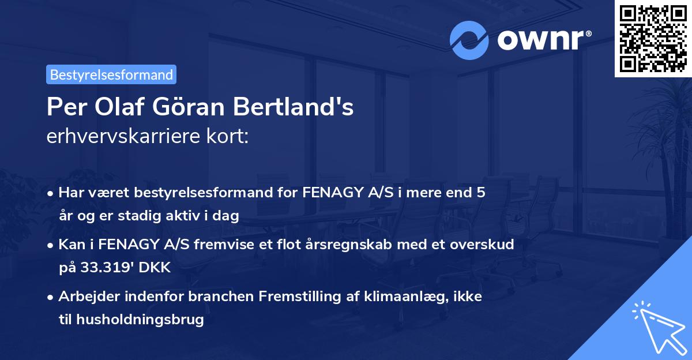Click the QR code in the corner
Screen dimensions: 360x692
pyautogui.click(x=653, y=39)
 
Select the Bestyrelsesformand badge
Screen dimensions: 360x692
pyautogui.click(x=111, y=74)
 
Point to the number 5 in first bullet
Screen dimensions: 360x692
pyautogui.click(x=480, y=193)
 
